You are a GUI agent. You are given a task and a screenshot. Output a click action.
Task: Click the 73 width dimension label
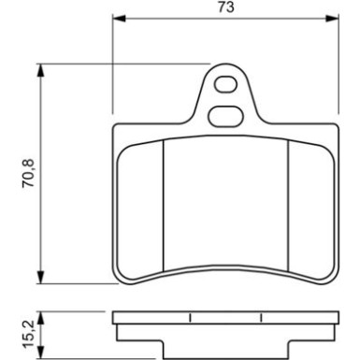tap(226, 7)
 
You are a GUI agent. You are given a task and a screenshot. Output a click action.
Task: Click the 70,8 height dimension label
tap(28, 173)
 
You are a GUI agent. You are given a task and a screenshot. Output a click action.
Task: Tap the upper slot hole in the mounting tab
tap(225, 84)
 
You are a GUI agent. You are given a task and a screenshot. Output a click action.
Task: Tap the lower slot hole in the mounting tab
tap(225, 117)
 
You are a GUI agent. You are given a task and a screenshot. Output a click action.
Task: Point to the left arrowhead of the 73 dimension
tap(119, 18)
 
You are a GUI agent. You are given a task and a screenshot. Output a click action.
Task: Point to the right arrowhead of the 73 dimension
tap(332, 18)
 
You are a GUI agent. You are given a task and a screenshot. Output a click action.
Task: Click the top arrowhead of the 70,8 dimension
tap(40, 70)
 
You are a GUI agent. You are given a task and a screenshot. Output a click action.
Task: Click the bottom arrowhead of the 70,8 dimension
tap(40, 277)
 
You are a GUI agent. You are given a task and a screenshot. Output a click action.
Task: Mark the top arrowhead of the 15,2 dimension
tap(40, 317)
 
